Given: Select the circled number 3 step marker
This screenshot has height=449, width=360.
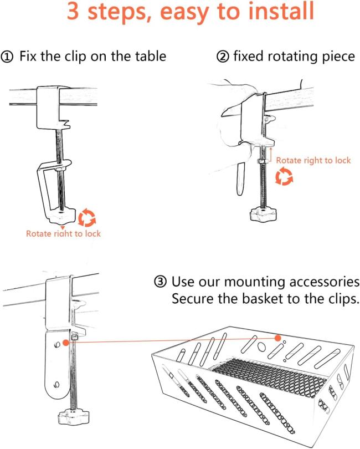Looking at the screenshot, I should [x=161, y=283].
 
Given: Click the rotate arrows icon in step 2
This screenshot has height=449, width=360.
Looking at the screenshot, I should [x=284, y=177].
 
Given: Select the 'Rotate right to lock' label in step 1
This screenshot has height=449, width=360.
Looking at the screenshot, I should [x=63, y=233].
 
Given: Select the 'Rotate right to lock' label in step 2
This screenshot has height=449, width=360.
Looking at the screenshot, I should [x=313, y=160].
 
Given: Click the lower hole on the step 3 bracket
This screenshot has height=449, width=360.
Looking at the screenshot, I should [x=55, y=384].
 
